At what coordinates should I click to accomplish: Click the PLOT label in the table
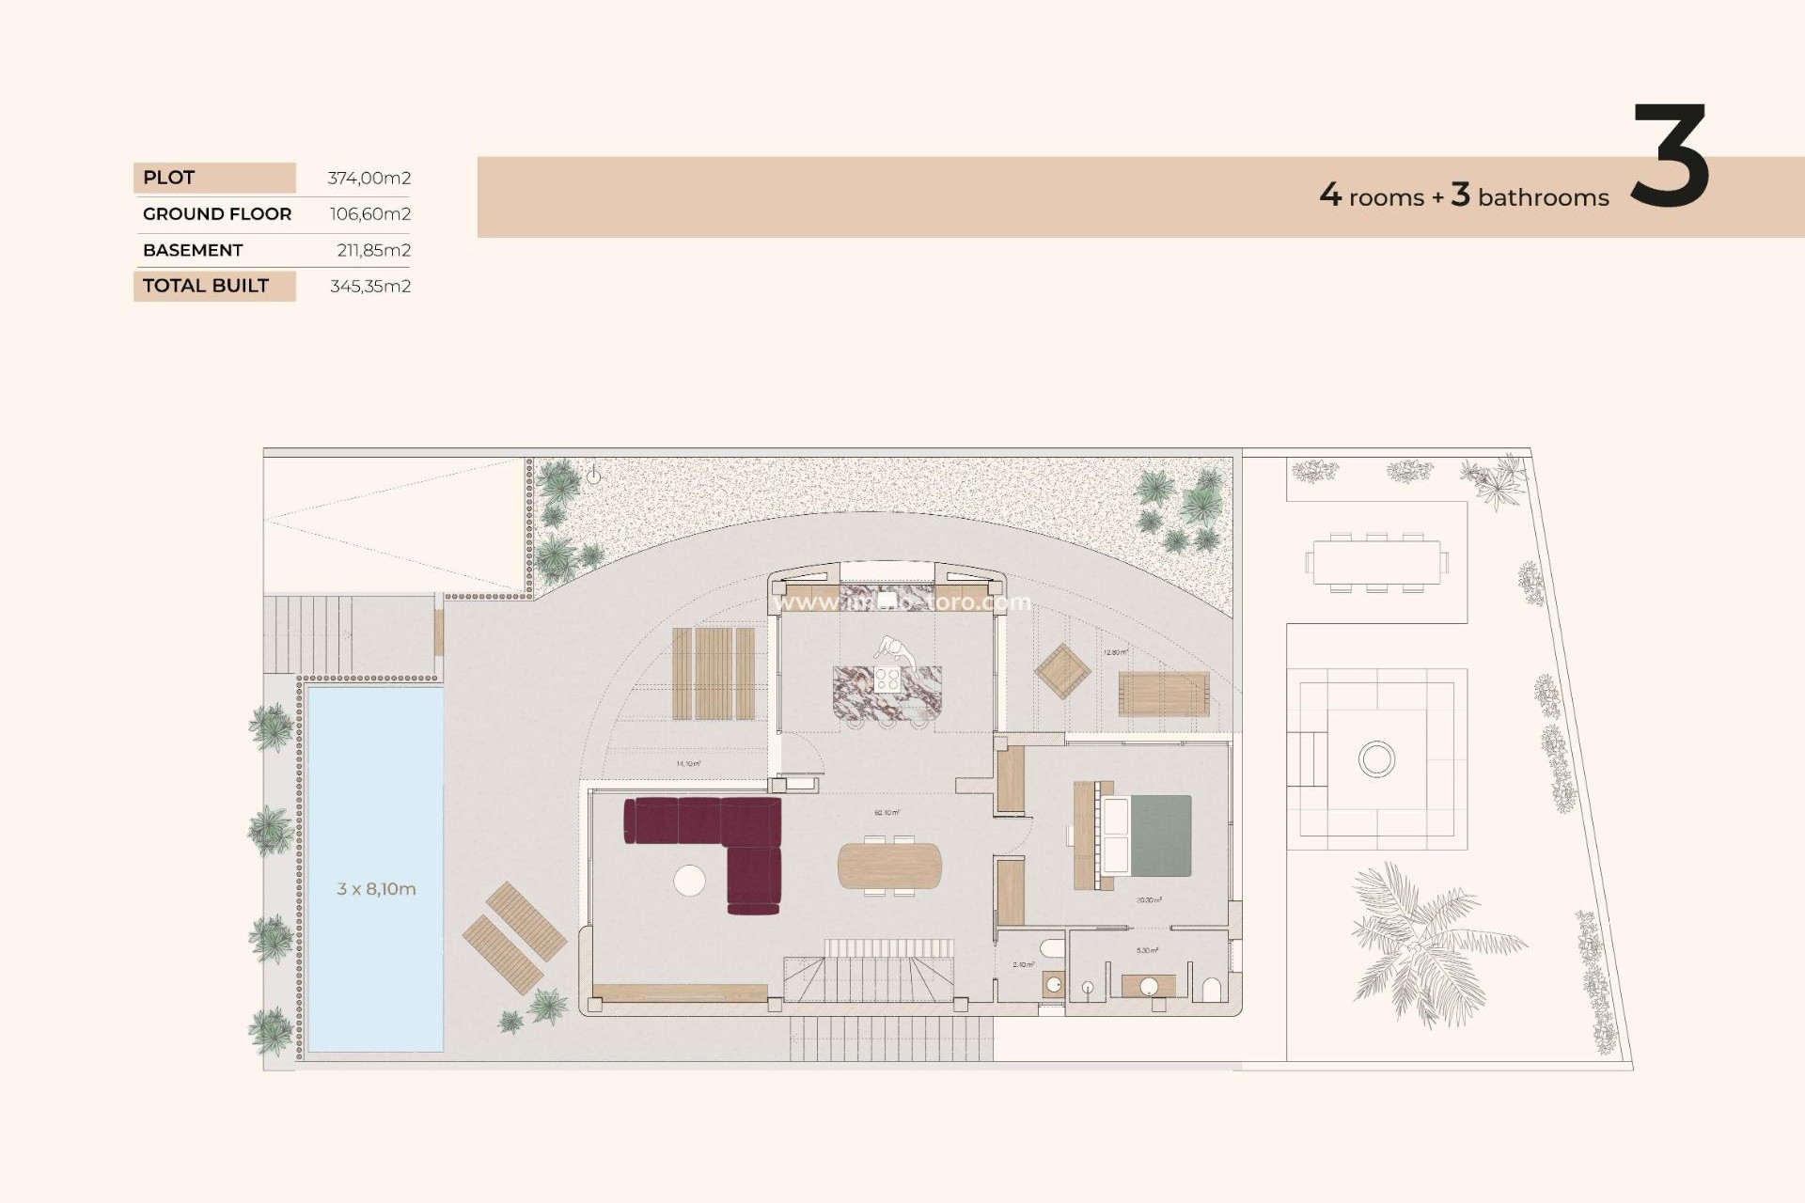(x=169, y=178)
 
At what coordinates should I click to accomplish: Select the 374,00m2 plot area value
(x=369, y=178)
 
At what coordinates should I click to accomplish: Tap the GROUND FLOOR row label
(x=217, y=214)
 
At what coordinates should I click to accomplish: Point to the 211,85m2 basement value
(x=373, y=250)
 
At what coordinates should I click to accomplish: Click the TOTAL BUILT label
(x=206, y=286)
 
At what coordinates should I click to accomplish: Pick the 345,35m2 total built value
(x=369, y=286)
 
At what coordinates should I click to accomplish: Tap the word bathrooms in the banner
(x=1543, y=197)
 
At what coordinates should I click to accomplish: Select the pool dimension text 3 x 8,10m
(x=376, y=889)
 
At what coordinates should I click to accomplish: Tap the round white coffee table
(x=689, y=881)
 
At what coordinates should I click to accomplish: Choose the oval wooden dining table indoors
(x=889, y=866)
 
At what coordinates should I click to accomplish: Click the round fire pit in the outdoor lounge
(x=1376, y=758)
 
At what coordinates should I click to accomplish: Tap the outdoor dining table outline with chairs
(x=1376, y=562)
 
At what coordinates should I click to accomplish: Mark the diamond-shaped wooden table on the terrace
(x=1062, y=671)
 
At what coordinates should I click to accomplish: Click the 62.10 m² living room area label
(x=887, y=813)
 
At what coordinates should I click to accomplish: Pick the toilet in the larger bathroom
(x=1212, y=990)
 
